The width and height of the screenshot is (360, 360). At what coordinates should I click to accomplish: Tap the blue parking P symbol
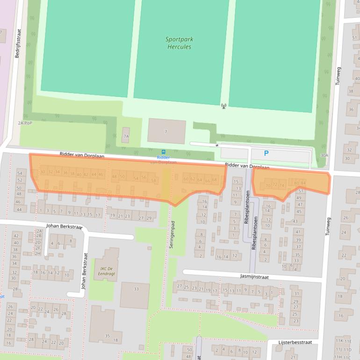(x=266, y=153)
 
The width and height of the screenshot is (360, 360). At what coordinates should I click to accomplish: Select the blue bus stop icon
(x=163, y=152)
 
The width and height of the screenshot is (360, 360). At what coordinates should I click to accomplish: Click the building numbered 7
(x=166, y=131)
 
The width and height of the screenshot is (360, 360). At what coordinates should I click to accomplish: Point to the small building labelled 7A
(x=126, y=136)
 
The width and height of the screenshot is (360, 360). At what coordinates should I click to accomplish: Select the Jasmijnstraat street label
(x=254, y=276)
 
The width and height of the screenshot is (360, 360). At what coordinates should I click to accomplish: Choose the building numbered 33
(x=136, y=289)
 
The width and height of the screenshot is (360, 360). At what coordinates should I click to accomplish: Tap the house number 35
(x=107, y=336)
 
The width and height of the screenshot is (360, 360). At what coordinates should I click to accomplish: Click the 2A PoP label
(x=25, y=123)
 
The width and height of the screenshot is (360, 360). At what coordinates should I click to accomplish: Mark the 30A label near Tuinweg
(x=324, y=155)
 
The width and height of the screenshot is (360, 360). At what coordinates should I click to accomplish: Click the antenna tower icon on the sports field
(x=223, y=106)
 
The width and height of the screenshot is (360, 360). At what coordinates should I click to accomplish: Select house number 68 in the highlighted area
(x=215, y=180)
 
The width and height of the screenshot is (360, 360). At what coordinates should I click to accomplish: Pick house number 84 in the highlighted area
(x=303, y=183)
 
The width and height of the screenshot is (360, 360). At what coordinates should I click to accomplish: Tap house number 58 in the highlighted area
(x=153, y=180)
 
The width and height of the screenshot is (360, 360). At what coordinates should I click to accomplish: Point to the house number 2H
(x=38, y=253)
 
